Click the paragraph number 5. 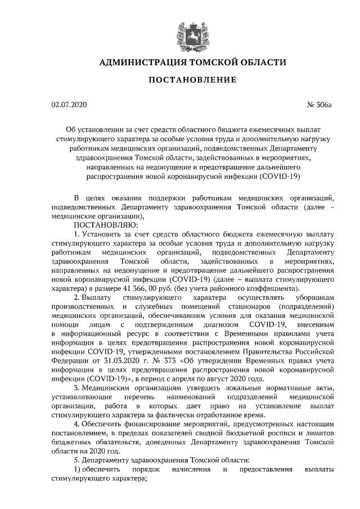[76, 460]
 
